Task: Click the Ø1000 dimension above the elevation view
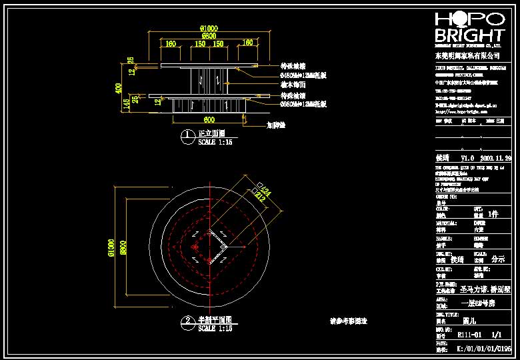pos(209,27)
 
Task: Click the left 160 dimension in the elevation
pos(171,43)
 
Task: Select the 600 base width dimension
pos(209,119)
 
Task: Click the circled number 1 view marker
pos(187,135)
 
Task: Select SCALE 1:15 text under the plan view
pos(215,329)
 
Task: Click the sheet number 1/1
pos(496,337)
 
